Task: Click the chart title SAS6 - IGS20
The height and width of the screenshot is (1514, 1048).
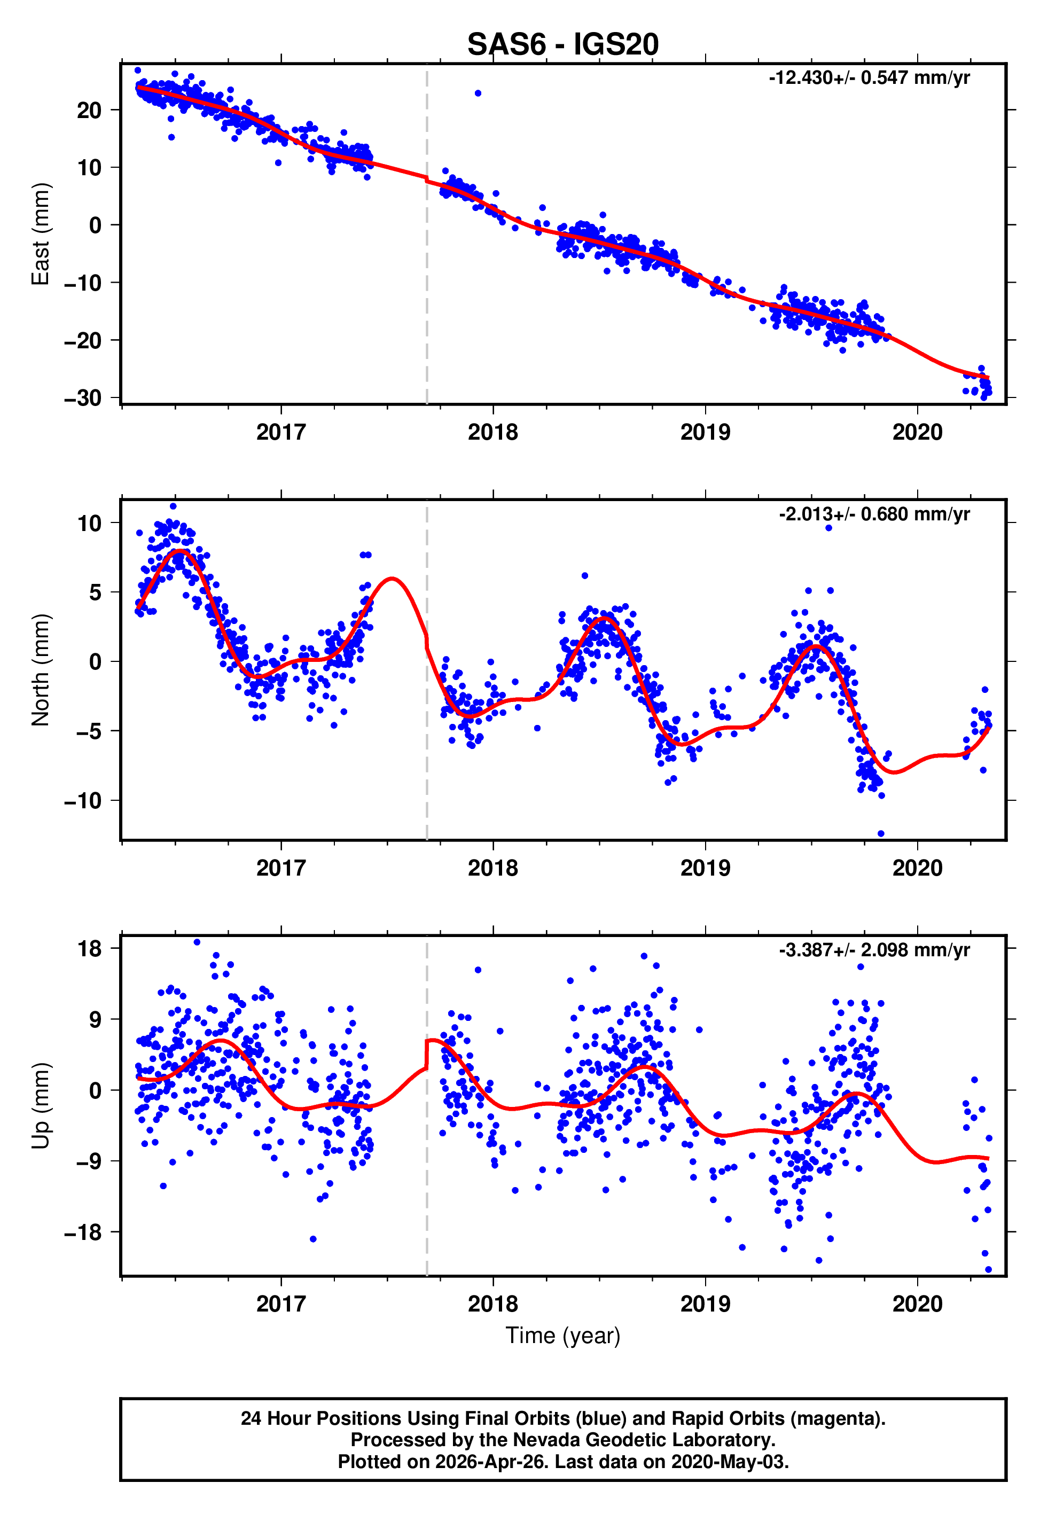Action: click(563, 45)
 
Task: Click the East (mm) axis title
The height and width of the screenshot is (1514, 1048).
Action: click(41, 234)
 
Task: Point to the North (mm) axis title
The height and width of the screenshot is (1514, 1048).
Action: click(41, 670)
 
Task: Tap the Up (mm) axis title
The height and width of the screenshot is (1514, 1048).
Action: click(41, 1106)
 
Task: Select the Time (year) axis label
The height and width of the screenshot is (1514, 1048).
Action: click(563, 1336)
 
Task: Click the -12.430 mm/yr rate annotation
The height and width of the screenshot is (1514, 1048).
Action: click(870, 77)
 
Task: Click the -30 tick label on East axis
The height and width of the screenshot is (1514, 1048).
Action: click(83, 398)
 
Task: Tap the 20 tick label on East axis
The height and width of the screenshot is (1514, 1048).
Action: click(89, 110)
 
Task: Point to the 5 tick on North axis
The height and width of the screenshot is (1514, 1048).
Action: click(95, 592)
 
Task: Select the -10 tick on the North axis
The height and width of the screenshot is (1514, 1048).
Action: click(83, 800)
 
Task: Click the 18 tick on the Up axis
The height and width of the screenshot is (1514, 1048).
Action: click(89, 949)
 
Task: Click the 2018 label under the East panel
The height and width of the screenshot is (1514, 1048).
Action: click(493, 432)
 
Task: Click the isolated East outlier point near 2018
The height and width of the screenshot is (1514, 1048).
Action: click(478, 93)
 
